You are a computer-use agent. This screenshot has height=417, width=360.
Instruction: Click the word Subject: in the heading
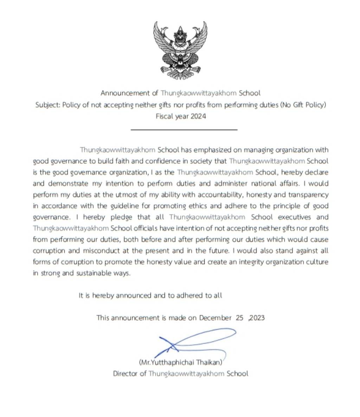coord(48,105)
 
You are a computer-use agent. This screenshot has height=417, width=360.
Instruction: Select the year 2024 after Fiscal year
coord(198,116)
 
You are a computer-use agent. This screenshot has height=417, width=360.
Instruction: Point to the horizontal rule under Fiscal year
coord(184,130)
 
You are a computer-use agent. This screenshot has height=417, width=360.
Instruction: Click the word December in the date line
coord(215,318)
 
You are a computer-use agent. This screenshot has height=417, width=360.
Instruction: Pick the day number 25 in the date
coord(239,318)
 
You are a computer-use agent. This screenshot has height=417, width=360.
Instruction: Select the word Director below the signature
coord(125,373)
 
